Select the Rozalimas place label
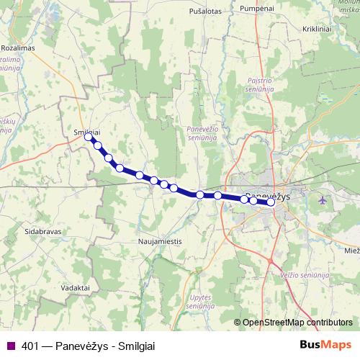tap(19, 48)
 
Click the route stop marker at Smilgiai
tap(89, 136)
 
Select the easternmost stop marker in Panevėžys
tap(271, 202)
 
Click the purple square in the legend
tap(9, 345)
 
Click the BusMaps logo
tap(325, 344)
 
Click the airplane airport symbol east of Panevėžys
tap(321, 199)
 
